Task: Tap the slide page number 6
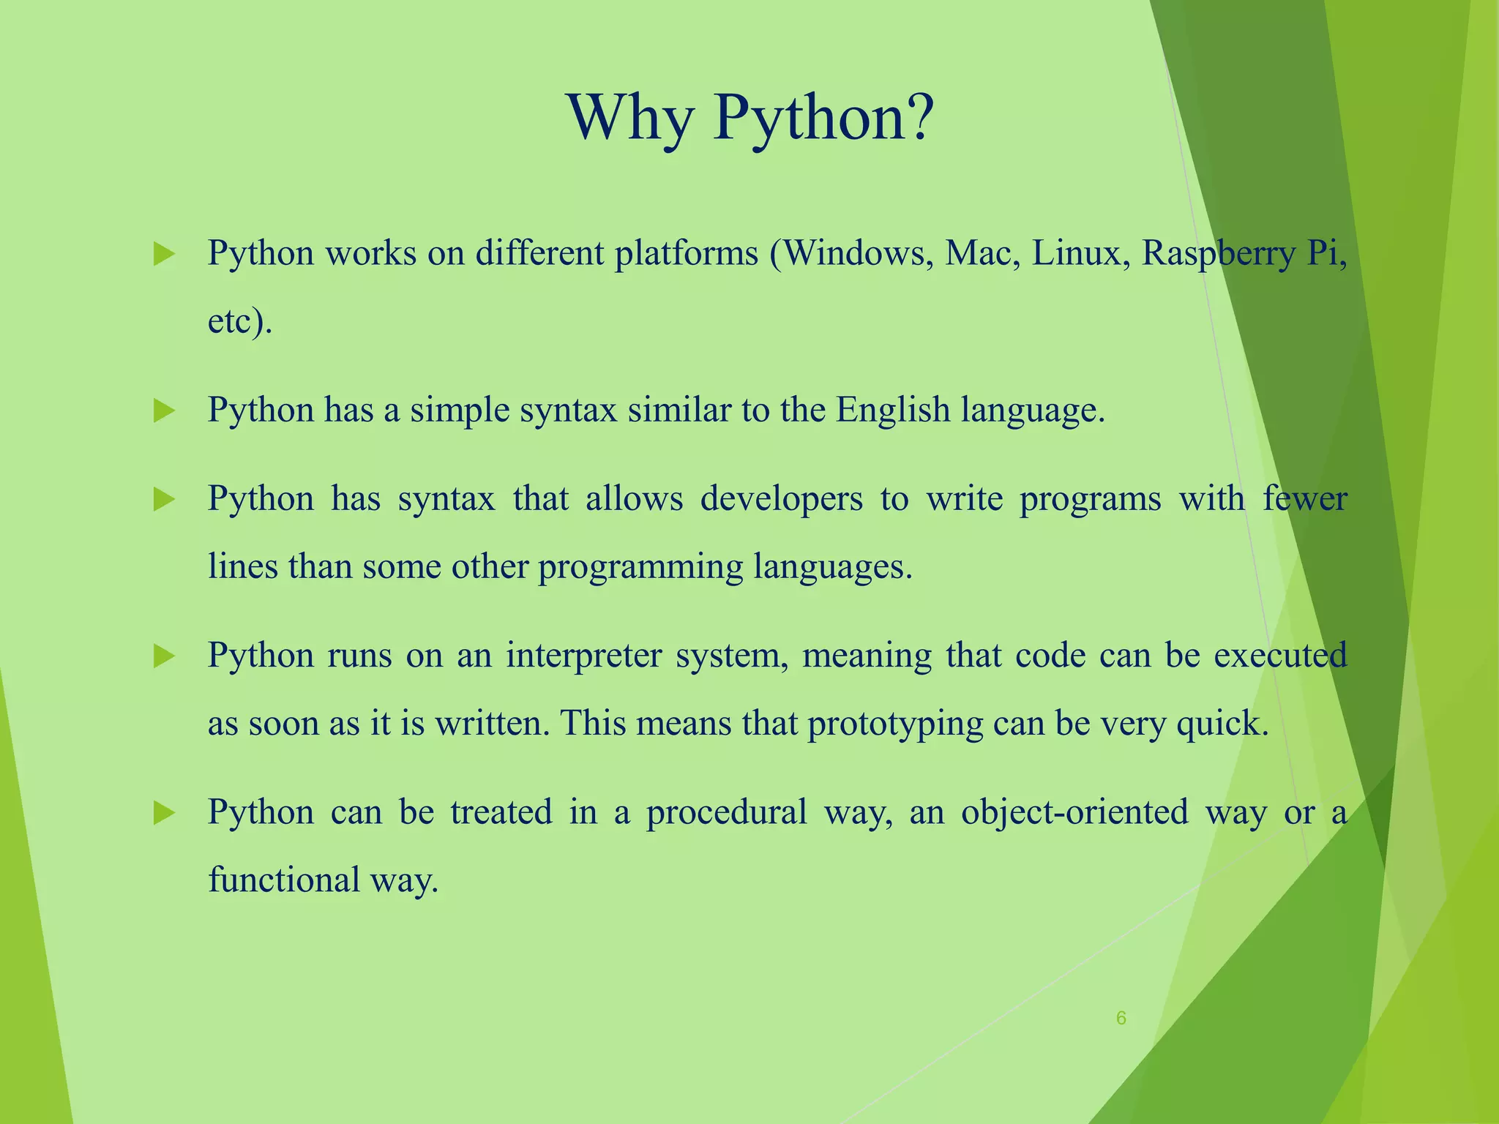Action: [x=1121, y=1018]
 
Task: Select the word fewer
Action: [x=1305, y=499]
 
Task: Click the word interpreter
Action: [x=582, y=656]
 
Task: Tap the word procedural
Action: [x=726, y=812]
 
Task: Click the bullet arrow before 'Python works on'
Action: [x=165, y=255]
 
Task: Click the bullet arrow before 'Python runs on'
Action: [x=165, y=656]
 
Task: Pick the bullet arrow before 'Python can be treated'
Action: [x=165, y=813]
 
